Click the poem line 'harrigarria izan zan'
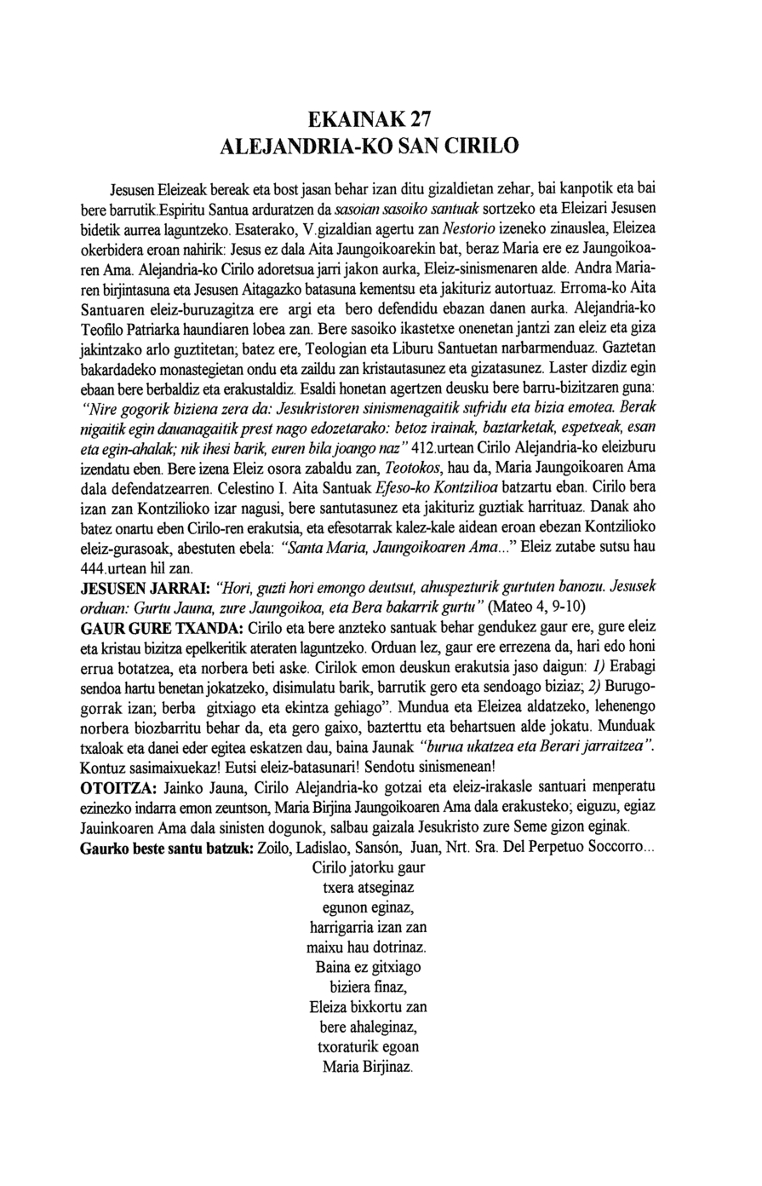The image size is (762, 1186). [368, 927]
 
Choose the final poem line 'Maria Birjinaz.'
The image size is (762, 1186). [368, 1067]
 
